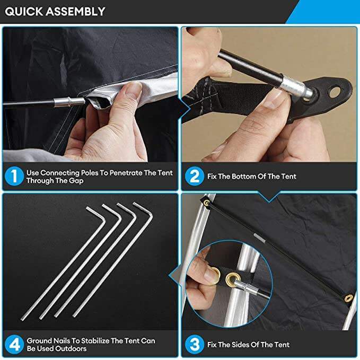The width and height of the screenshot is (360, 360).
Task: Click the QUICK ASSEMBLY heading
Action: (x=55, y=12)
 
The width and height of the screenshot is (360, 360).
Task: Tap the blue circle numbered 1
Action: (x=14, y=177)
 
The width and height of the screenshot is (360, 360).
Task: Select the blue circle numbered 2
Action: (x=195, y=177)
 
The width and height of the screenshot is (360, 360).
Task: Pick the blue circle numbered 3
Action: (x=195, y=345)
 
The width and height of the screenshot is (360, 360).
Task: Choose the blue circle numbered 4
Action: (x=14, y=345)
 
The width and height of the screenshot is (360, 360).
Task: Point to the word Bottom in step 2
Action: (x=244, y=177)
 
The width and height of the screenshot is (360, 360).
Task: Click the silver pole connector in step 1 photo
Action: (x=69, y=102)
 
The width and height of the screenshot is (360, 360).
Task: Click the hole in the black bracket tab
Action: (x=335, y=91)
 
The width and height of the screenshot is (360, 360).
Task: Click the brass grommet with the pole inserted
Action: (x=232, y=279)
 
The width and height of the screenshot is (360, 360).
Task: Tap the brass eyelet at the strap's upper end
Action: (x=207, y=203)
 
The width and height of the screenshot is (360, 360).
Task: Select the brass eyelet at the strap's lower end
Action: (x=349, y=298)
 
